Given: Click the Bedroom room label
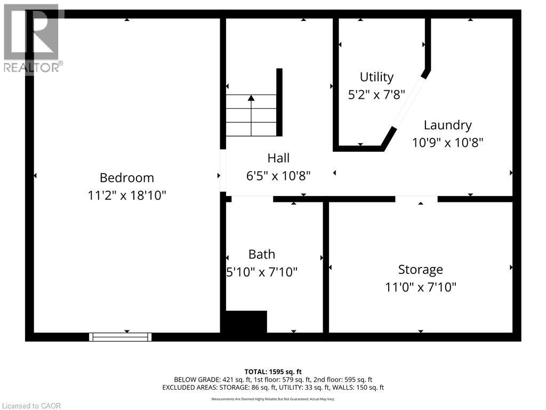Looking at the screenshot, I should (127, 178).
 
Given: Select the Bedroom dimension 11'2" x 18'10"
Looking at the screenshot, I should (127, 195).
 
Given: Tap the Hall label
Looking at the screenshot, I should (278, 158).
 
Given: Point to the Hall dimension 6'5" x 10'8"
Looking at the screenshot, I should (278, 175).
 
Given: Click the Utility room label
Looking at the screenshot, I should (376, 77).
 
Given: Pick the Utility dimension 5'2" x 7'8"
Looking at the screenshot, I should (376, 94).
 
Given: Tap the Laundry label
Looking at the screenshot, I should (447, 125).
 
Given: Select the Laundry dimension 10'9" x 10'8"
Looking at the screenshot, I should (447, 143).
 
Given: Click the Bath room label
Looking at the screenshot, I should (262, 254).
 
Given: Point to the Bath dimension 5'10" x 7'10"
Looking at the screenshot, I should (262, 272).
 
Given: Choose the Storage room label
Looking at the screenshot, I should (420, 270).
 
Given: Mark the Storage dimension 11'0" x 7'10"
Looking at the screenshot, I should (420, 287).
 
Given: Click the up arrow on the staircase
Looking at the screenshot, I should (251, 98).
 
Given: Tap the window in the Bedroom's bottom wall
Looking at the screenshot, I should (121, 337).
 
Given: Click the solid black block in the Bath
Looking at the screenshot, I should (246, 322).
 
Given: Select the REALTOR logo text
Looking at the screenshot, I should (33, 67).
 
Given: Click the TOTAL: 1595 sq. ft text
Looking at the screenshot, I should (273, 372).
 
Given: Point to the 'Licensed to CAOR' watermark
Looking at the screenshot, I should (31, 406).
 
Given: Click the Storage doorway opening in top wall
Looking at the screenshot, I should (416, 199).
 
